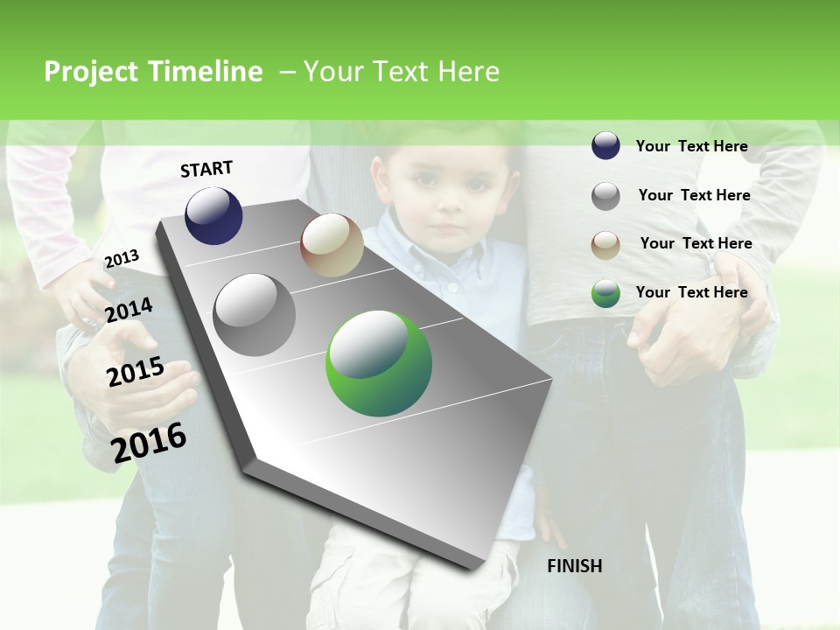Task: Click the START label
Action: tap(206, 169)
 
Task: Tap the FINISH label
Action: tap(574, 566)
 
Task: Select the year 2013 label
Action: tap(122, 259)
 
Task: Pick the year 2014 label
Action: tap(129, 310)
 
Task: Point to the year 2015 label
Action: tap(136, 371)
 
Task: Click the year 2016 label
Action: tap(150, 442)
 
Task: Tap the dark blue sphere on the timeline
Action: tap(213, 215)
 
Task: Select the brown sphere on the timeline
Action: tap(332, 245)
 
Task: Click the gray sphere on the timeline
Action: tap(255, 315)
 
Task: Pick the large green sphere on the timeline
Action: tap(379, 363)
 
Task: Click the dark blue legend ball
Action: tap(605, 146)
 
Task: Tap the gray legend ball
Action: tap(605, 196)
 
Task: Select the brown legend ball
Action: tap(605, 245)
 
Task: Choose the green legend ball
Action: tap(605, 293)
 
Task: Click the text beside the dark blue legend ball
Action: tap(691, 146)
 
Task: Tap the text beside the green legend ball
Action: tap(691, 292)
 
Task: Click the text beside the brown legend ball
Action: tap(696, 243)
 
